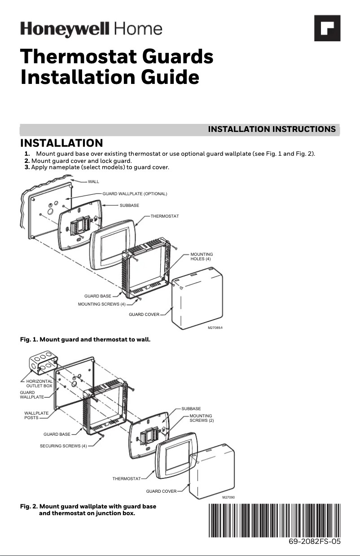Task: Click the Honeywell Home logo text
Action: [x=91, y=30]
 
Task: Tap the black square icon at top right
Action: [x=326, y=28]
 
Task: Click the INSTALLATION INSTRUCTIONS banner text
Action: [x=272, y=129]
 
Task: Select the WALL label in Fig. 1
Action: [x=93, y=181]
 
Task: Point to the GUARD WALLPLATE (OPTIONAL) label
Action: [x=135, y=194]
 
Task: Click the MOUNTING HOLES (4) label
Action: [x=202, y=257]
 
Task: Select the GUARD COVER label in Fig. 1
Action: [x=144, y=315]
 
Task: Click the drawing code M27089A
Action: [x=215, y=328]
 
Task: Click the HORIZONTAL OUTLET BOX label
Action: [x=40, y=383]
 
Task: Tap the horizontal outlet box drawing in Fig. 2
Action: [x=41, y=363]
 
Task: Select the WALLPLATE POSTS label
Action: [x=36, y=415]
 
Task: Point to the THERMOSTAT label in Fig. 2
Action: [x=127, y=479]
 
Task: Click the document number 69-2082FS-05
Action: [x=314, y=542]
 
